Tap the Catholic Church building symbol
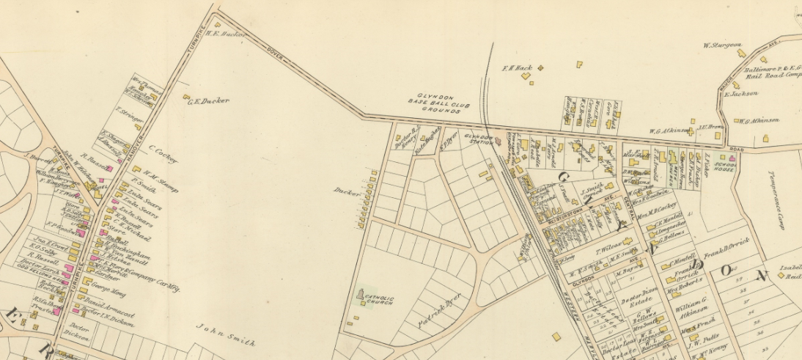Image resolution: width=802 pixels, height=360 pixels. pyautogui.click(x=361, y=296)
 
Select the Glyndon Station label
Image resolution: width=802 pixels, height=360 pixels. pyautogui.click(x=481, y=138)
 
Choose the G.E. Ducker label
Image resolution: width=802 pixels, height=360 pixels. pyautogui.click(x=209, y=101)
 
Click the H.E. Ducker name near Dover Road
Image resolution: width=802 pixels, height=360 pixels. pyautogui.click(x=226, y=33)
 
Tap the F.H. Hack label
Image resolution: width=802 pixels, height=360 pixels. pyautogui.click(x=516, y=68)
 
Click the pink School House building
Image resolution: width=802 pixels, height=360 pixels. pyautogui.click(x=731, y=158)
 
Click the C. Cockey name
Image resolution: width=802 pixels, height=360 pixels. pyautogui.click(x=163, y=154)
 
